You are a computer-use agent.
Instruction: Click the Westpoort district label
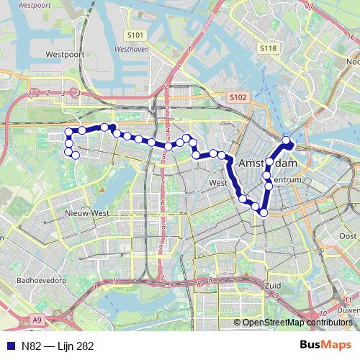click(x=65, y=54)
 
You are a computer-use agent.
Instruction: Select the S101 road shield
click(x=135, y=35)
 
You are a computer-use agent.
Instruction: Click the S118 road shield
click(x=268, y=48)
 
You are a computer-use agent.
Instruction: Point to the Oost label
click(x=348, y=236)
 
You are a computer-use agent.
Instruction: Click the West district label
click(x=217, y=183)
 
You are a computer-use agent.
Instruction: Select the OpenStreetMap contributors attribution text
click(x=297, y=323)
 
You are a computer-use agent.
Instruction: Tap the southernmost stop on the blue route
click(x=264, y=212)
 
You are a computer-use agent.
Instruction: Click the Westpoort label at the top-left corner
click(x=19, y=4)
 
